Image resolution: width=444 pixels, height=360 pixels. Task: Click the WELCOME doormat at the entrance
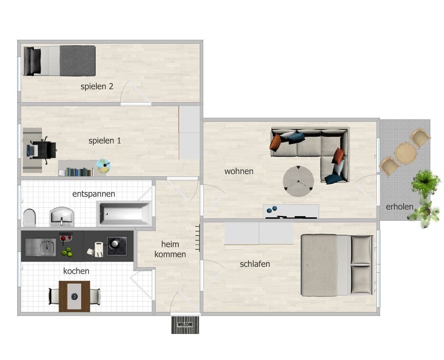pos(185,325)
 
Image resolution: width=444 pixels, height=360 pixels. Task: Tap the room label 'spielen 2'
pos(97,86)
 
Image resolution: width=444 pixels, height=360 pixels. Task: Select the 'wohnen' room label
pos(239,171)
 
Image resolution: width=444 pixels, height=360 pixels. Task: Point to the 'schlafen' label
pos(255,264)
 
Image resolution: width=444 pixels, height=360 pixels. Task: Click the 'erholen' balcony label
pos(400,207)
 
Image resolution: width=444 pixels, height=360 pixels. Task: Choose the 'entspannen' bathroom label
pos(94,194)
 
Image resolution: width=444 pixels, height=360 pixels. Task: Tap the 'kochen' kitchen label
pos(76,271)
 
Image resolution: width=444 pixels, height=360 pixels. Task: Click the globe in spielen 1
pos(103,166)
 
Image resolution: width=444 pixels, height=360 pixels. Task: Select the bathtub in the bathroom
pos(124,213)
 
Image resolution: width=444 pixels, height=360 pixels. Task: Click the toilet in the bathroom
pos(29,218)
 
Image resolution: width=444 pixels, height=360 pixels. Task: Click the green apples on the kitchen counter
pos(67,252)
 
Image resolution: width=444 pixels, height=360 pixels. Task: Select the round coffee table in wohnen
pos(298,181)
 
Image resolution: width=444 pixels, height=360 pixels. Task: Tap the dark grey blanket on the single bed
pos(77,61)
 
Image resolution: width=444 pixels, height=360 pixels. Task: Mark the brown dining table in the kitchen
pos(75,296)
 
